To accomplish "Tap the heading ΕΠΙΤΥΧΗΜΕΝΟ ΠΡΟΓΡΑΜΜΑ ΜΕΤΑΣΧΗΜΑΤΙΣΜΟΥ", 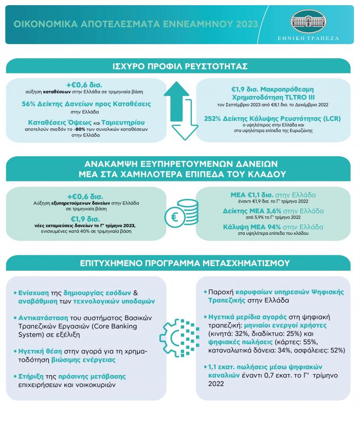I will (180, 263).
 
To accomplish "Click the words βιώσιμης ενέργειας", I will (71, 359).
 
